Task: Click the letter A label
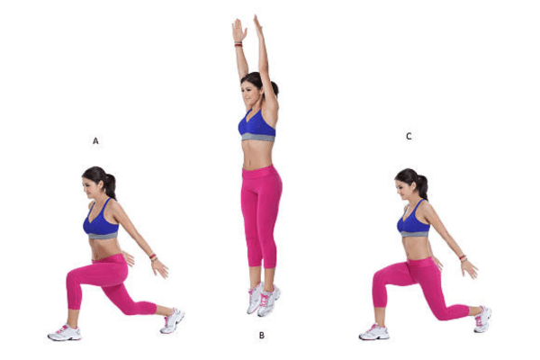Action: click(95, 140)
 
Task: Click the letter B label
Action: click(261, 336)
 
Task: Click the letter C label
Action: click(409, 136)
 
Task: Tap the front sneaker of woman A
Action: click(64, 332)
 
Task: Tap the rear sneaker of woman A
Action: click(172, 319)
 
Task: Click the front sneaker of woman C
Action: click(373, 332)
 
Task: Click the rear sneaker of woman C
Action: click(482, 318)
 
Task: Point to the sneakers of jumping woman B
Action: click(263, 298)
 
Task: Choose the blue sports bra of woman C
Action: click(411, 221)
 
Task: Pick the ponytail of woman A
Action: click(111, 184)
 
